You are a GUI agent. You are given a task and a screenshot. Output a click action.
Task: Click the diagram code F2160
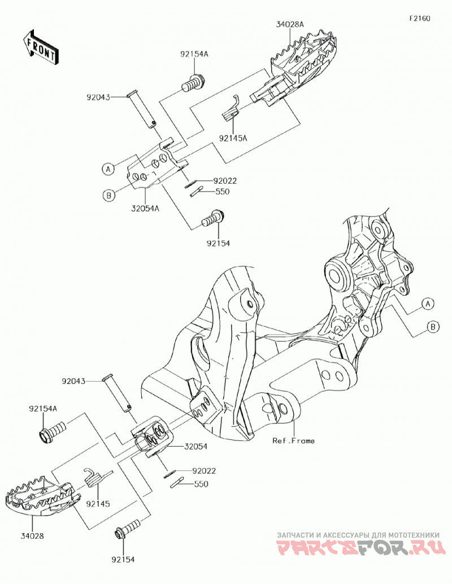tap(420, 18)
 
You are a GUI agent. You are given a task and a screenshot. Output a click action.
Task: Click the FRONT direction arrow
tap(40, 47)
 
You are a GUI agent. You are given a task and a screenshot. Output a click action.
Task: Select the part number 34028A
tap(290, 24)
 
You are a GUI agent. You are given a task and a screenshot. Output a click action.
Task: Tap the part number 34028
tap(32, 537)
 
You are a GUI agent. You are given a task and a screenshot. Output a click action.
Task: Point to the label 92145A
tap(233, 138)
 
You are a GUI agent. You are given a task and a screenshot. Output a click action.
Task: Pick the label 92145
tap(98, 504)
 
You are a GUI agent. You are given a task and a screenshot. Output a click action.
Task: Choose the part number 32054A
tap(145, 209)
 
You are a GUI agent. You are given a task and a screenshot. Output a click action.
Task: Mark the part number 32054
tap(195, 446)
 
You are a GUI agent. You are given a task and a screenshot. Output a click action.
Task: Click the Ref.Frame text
tap(293, 441)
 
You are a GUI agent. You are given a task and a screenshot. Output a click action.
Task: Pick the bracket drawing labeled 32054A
tap(157, 164)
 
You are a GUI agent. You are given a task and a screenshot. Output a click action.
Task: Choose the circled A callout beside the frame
tap(428, 304)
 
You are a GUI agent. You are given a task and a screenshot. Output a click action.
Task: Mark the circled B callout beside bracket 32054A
tap(108, 195)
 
